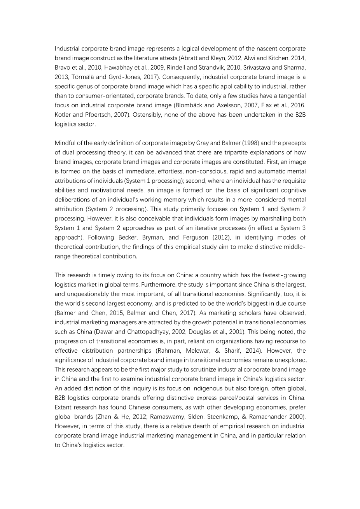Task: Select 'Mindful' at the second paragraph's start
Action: point(65,143)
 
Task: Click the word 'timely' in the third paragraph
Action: point(104,275)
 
